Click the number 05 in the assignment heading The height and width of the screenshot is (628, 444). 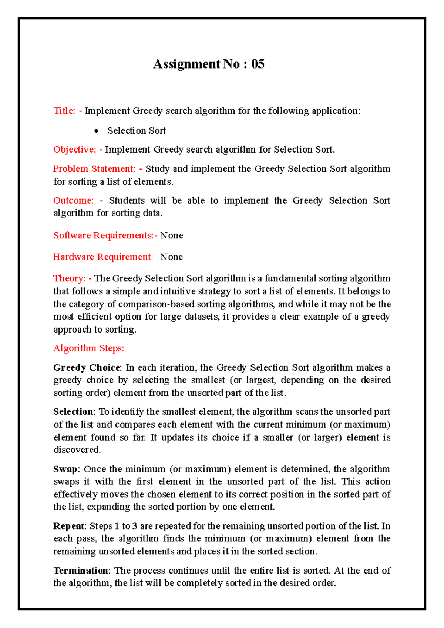[x=258, y=64]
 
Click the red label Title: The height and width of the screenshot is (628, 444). [x=64, y=111]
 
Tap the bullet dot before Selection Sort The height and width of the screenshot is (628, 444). [x=97, y=131]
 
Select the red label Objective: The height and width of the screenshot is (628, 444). [x=74, y=150]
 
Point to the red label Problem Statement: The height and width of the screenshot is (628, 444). [x=94, y=169]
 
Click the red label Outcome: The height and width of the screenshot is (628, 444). [x=73, y=200]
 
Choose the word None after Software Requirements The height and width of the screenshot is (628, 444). [x=172, y=235]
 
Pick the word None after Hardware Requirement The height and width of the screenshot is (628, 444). [x=171, y=257]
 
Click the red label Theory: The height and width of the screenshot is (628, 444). [x=69, y=278]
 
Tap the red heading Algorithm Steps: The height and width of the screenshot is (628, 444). [x=88, y=348]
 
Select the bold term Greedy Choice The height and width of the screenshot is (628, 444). [x=87, y=368]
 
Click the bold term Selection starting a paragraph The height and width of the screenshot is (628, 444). [x=73, y=412]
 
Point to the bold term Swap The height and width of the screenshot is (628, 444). [x=65, y=469]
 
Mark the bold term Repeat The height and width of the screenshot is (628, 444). [x=69, y=526]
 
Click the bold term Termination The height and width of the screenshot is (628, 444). [x=81, y=571]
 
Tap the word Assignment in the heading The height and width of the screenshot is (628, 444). [x=186, y=64]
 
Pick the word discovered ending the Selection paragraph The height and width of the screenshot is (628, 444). [x=77, y=450]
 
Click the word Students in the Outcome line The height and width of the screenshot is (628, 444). [x=127, y=200]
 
